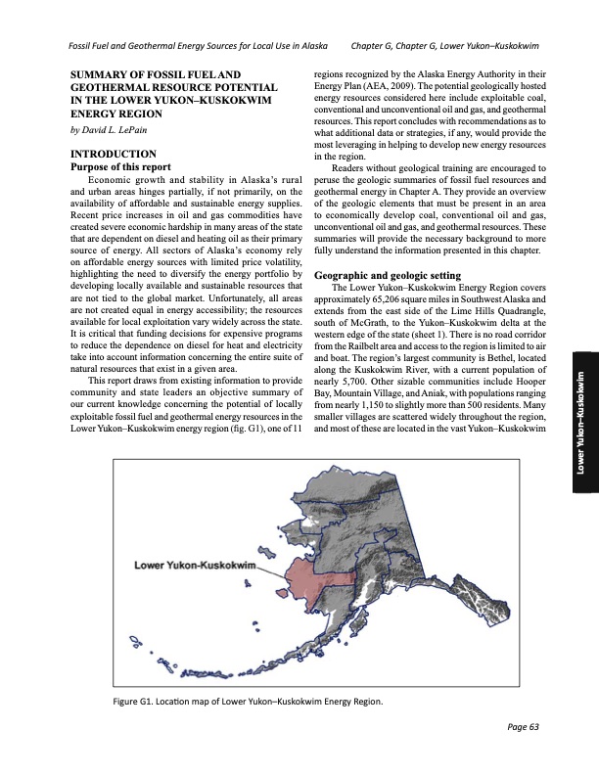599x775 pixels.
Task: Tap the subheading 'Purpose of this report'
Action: coord(116,166)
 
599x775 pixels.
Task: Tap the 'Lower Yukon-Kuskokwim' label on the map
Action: coord(195,566)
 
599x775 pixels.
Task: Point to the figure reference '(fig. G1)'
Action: coord(223,430)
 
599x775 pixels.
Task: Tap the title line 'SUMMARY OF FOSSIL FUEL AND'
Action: coord(157,76)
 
